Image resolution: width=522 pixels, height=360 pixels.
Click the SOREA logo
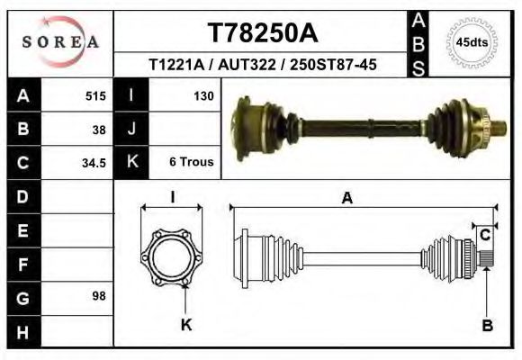point(60,43)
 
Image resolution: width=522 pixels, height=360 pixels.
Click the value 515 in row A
point(95,94)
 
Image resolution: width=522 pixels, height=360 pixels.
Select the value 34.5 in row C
point(94,163)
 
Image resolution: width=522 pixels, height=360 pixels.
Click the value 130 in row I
point(202,94)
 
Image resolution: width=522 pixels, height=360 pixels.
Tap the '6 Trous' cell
point(191,163)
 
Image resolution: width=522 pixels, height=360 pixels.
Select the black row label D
point(23,196)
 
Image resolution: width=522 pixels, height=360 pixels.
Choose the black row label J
point(131,129)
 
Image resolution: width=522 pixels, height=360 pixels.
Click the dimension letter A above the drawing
point(346,200)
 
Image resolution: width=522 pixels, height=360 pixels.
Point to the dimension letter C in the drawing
point(485,235)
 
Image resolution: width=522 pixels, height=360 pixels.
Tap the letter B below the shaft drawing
point(487,326)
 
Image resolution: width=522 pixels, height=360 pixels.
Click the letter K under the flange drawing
point(187,325)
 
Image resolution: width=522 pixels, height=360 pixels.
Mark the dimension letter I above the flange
point(173,196)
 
